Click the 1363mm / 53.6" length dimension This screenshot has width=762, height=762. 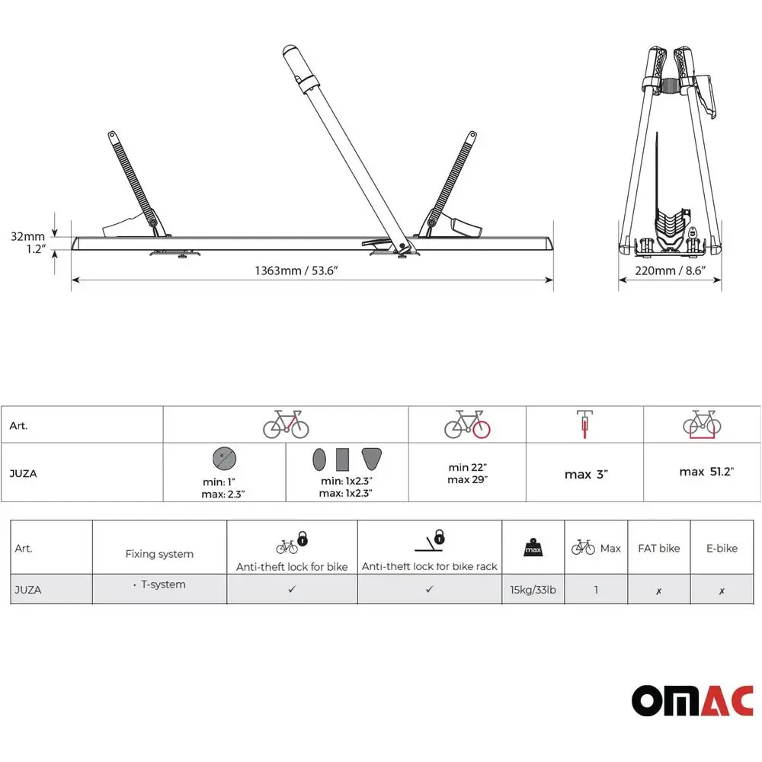click(x=296, y=271)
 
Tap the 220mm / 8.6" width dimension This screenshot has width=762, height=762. click(x=670, y=271)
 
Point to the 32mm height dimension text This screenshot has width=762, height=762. click(x=27, y=236)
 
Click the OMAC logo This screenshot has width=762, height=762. click(x=692, y=700)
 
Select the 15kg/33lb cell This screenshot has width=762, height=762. click(x=533, y=590)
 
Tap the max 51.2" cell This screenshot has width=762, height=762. click(x=706, y=472)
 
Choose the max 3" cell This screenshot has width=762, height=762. click(x=586, y=474)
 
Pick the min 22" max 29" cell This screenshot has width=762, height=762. click(x=468, y=473)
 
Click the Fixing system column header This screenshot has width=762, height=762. click(x=159, y=553)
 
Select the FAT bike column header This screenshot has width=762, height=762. click(x=659, y=548)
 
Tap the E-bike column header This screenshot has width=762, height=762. click(x=722, y=548)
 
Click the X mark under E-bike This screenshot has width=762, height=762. click(x=722, y=591)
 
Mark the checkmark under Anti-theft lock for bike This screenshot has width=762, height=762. click(x=292, y=589)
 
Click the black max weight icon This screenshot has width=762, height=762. click(x=533, y=547)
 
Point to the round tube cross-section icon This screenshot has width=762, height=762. click(x=224, y=458)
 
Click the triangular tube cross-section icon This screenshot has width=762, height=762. click(x=372, y=459)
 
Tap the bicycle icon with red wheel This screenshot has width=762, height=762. click(x=468, y=424)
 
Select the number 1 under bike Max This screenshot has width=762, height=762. click(x=596, y=590)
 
